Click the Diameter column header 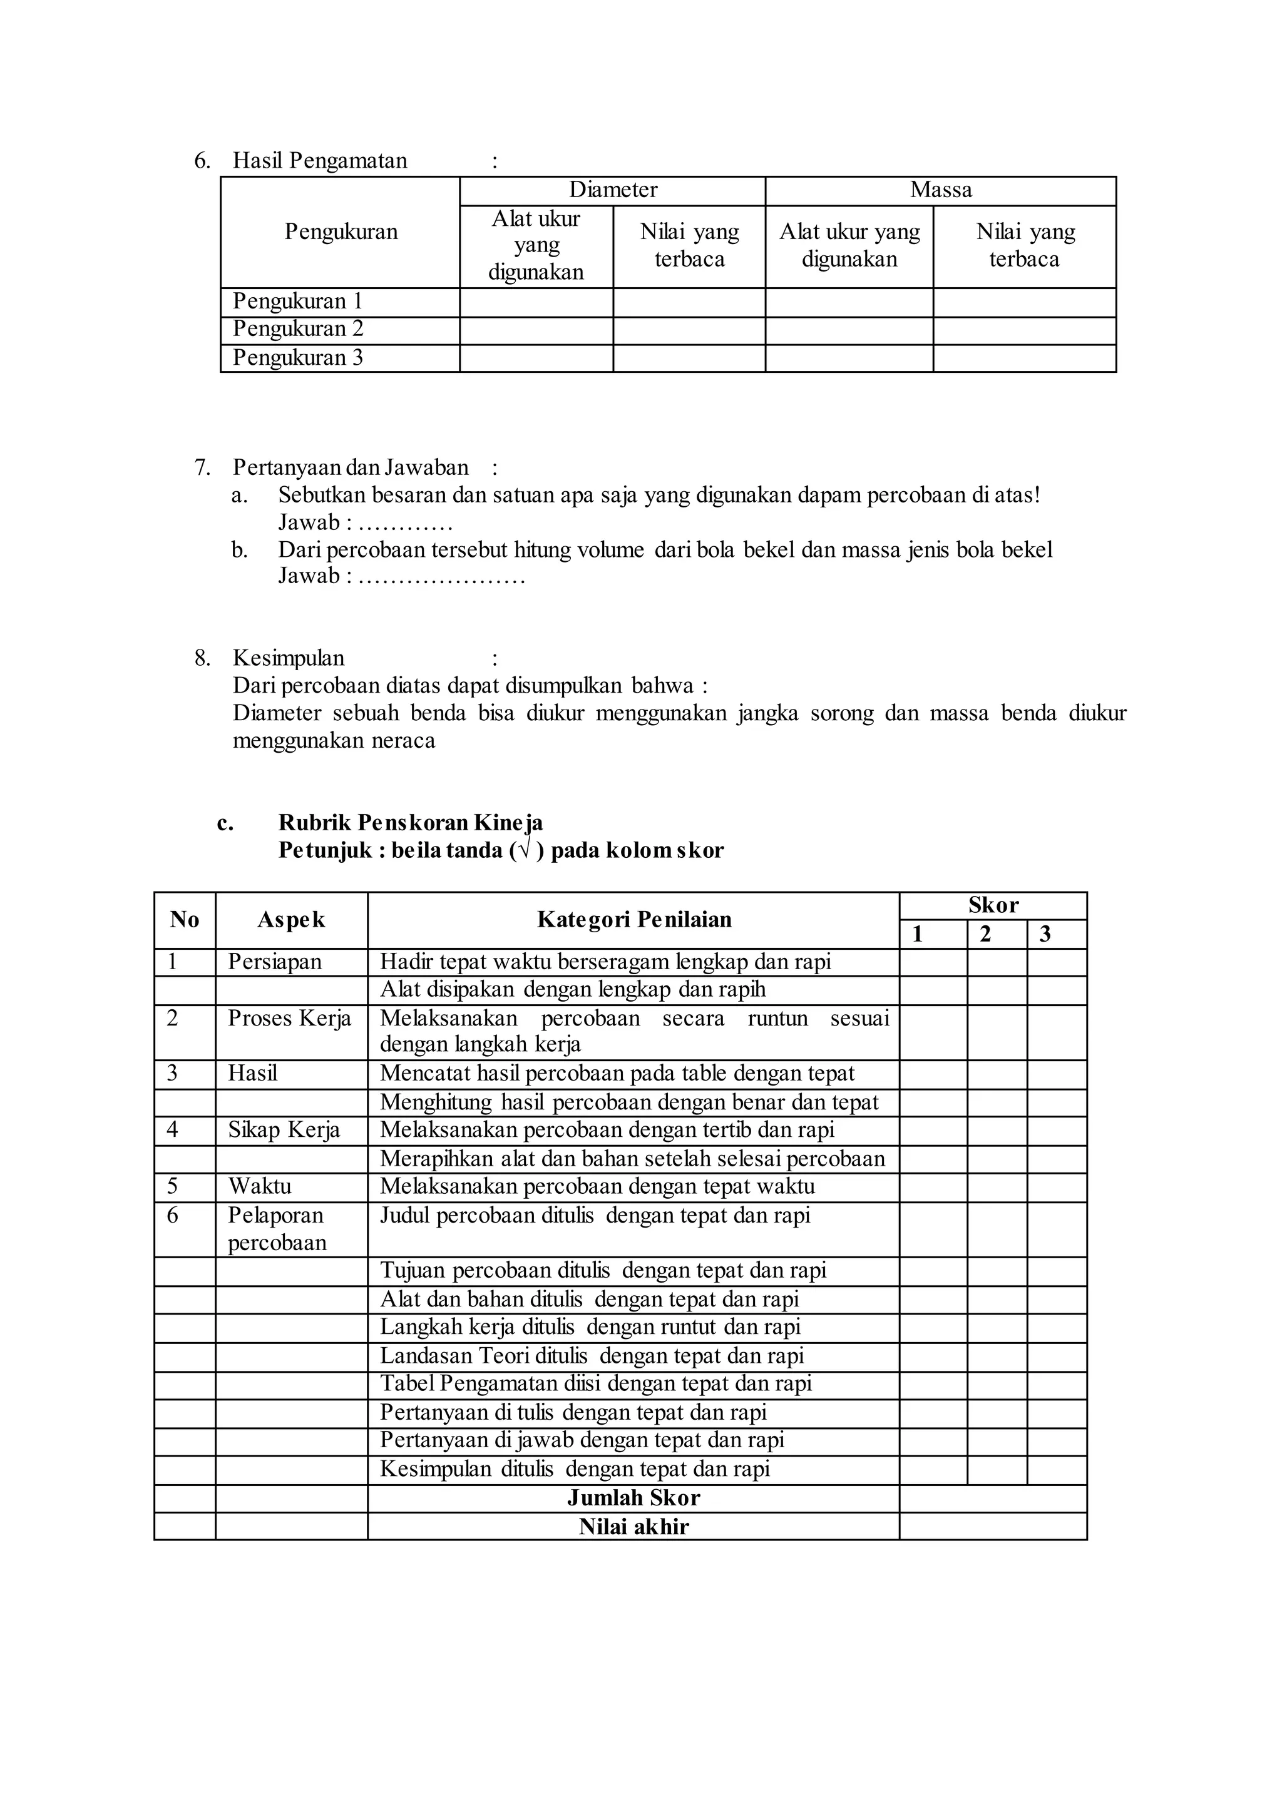tap(613, 190)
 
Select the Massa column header tap(940, 190)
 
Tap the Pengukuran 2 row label tap(297, 329)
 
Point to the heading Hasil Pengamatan tap(320, 161)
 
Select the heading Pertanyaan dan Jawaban tap(351, 467)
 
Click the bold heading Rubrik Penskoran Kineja tap(410, 823)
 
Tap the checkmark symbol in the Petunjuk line tap(524, 851)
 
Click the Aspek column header tap(290, 920)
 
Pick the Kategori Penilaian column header tap(634, 920)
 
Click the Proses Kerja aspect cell tap(289, 1019)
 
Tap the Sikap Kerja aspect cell tap(284, 1130)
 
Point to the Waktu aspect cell tap(260, 1187)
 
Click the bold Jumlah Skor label tap(634, 1499)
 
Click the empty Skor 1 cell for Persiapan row tap(933, 963)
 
